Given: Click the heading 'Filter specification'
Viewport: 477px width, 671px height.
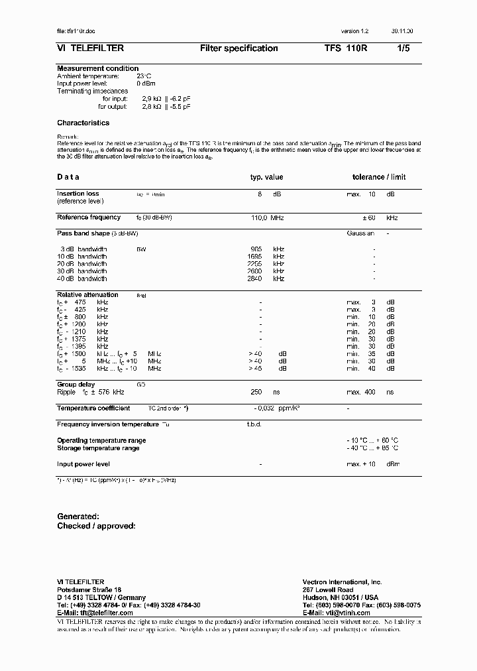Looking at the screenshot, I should (238, 48).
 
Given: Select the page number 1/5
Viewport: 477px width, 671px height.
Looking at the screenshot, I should (403, 48).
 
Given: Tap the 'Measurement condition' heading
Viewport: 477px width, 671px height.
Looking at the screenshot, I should (97, 68).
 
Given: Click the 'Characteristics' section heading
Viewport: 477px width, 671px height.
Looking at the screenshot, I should (83, 123).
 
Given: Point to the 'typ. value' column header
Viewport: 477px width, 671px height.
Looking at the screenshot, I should (266, 177).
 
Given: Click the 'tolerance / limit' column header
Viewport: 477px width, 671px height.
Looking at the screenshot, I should (379, 177).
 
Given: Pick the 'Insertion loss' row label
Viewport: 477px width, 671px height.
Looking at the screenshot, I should (78, 194).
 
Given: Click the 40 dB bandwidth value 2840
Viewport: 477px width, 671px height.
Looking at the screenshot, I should (254, 278).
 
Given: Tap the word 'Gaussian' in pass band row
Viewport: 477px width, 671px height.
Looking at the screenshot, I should (360, 233).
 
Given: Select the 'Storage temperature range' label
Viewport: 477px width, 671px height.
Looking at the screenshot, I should (98, 448).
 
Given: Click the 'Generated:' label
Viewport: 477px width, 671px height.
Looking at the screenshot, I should (78, 516).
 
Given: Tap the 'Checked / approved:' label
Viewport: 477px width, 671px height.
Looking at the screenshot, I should (96, 526).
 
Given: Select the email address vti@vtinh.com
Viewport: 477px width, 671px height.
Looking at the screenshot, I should (347, 613).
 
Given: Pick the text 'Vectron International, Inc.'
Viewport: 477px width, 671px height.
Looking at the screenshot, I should (342, 581).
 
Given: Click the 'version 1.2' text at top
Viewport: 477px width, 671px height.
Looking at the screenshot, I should (354, 31).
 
